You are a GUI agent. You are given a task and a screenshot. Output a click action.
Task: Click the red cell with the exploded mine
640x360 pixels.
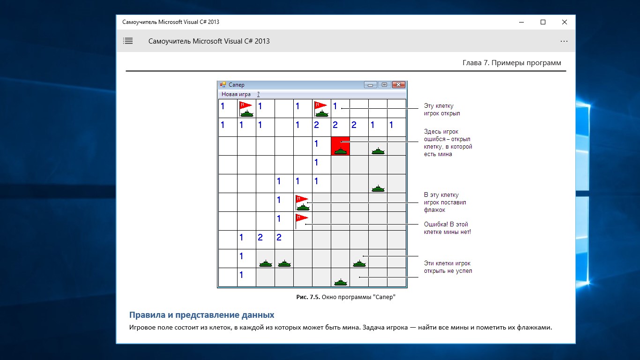click(340, 146)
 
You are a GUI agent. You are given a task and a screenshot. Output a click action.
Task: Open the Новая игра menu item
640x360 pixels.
click(236, 94)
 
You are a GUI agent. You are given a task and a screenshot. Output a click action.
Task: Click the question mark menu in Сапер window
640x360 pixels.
click(258, 94)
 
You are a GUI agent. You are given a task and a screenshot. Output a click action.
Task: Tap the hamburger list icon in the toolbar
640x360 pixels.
click(128, 41)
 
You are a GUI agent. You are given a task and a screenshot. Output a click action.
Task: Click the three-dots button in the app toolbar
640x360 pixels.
click(564, 41)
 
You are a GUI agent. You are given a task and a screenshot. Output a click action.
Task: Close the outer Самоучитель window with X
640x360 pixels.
click(564, 22)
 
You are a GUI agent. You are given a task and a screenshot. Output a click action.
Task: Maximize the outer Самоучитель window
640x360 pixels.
click(543, 22)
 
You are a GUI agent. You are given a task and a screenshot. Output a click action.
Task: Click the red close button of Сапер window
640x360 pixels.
click(399, 85)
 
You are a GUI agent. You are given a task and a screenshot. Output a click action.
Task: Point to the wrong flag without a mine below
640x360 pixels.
click(302, 221)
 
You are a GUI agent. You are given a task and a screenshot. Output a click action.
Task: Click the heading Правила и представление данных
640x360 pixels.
click(201, 315)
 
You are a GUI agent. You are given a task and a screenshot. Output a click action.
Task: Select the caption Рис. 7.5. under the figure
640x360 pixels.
click(308, 297)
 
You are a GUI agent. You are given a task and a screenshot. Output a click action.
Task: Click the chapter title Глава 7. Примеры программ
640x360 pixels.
click(512, 63)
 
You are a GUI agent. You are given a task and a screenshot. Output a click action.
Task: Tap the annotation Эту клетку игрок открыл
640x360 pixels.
click(442, 110)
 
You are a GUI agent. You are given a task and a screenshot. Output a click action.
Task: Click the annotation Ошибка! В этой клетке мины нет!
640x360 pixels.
click(447, 228)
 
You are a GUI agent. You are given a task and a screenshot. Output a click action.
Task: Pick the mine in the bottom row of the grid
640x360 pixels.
click(340, 283)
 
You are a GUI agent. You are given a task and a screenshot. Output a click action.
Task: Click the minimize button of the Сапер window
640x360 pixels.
click(370, 85)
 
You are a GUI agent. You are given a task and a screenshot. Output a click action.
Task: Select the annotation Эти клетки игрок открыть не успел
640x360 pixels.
click(448, 267)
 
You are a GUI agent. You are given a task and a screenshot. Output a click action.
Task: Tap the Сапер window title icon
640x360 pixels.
click(223, 84)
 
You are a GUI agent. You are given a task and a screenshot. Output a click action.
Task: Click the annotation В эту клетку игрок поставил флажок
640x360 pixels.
click(445, 202)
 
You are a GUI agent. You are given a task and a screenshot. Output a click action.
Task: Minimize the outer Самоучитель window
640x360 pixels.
click(521, 22)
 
